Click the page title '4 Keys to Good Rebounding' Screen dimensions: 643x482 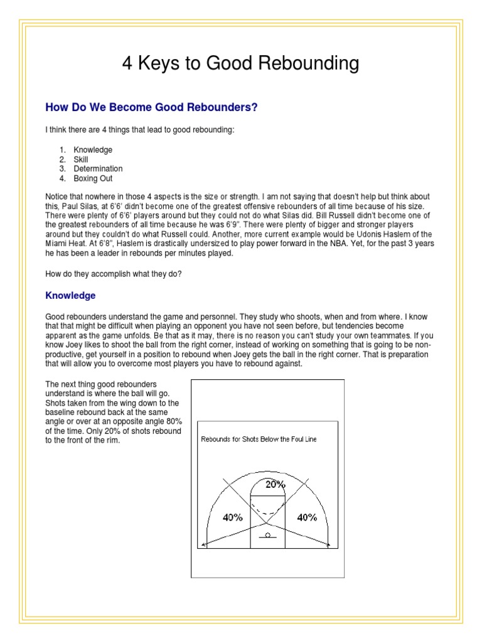(240, 63)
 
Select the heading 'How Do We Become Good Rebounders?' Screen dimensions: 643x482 (151, 107)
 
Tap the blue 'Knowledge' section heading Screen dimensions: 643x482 (70, 295)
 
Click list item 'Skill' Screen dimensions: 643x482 (81, 159)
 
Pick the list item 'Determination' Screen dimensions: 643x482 (98, 169)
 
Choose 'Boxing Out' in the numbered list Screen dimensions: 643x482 (93, 178)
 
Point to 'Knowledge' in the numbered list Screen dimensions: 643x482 (93, 150)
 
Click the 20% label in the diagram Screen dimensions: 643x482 (274, 484)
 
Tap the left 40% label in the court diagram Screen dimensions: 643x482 (232, 517)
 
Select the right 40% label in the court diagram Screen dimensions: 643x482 (307, 517)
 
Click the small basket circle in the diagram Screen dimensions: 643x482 (268, 535)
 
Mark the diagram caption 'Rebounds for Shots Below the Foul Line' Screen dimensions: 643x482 (259, 440)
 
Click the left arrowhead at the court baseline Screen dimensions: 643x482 (203, 545)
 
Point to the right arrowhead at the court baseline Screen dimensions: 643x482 (329, 545)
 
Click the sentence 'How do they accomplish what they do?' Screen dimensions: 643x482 (114, 273)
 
